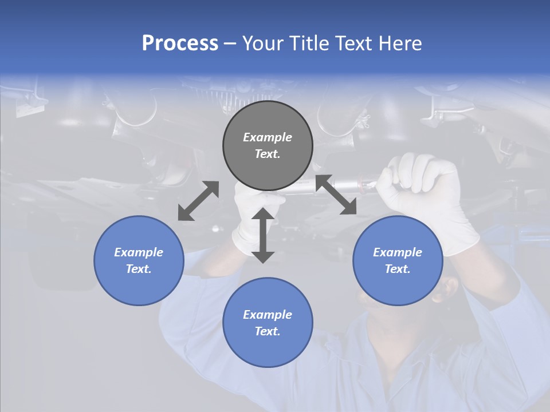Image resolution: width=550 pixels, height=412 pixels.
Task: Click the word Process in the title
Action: click(180, 43)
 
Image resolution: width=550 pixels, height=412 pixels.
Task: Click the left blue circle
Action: click(139, 260)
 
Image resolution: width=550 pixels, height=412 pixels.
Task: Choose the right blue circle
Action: click(398, 260)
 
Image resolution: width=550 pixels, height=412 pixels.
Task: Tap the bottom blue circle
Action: click(268, 322)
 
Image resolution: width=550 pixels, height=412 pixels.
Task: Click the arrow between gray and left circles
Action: click(198, 200)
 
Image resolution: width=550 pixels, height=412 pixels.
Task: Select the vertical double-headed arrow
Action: click(263, 235)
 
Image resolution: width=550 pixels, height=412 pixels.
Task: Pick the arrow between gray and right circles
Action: click(336, 195)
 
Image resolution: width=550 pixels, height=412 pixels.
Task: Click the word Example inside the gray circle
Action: click(268, 137)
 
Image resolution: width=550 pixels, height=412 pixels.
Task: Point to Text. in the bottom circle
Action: click(268, 331)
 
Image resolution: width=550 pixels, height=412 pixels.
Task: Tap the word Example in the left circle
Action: click(139, 252)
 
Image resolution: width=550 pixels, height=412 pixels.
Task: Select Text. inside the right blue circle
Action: click(398, 269)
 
